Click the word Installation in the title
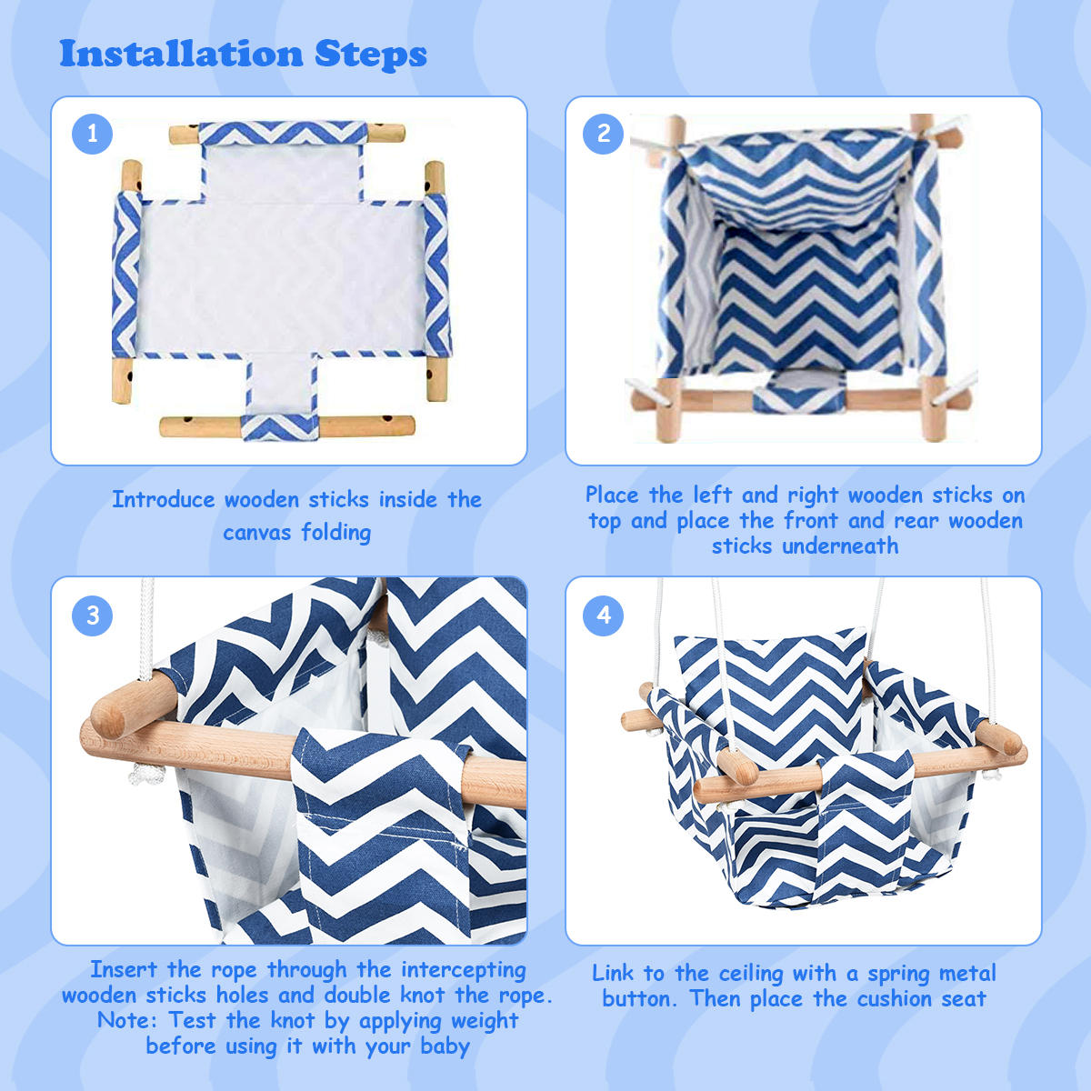coord(180,54)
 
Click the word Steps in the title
coord(370,55)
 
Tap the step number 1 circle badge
coord(92,135)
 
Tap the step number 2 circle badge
coord(604,135)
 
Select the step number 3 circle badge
coord(92,616)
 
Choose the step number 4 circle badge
coord(604,616)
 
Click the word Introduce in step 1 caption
coord(164,499)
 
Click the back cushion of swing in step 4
coord(773,691)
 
